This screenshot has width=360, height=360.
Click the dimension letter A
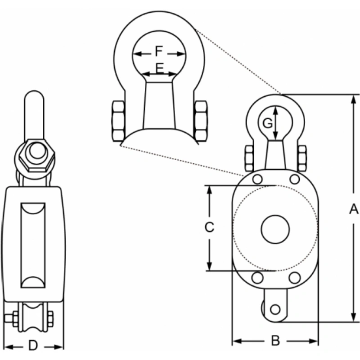[x=354, y=209]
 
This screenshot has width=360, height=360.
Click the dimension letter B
[x=275, y=341]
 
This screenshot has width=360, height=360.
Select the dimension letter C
[x=209, y=228]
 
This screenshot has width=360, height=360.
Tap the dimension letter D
[x=33, y=346]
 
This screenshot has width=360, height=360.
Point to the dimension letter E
[x=159, y=68]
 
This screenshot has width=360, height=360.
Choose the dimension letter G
[x=267, y=122]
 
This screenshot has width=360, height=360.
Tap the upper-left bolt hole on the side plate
[x=257, y=179]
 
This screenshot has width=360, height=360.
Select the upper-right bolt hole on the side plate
[x=294, y=179]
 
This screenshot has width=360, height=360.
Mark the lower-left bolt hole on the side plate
[x=257, y=278]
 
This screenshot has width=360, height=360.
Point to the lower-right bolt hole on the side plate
[x=294, y=278]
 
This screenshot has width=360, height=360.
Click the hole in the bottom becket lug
[x=275, y=310]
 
